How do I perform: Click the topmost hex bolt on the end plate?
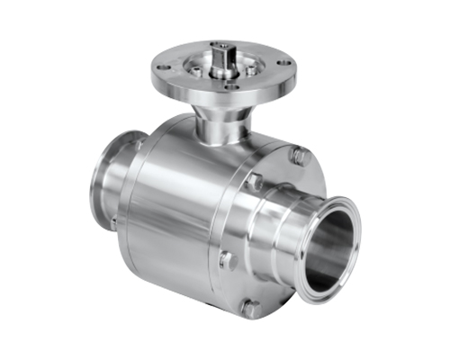pos(300,156)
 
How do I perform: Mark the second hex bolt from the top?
pos(255,183)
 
